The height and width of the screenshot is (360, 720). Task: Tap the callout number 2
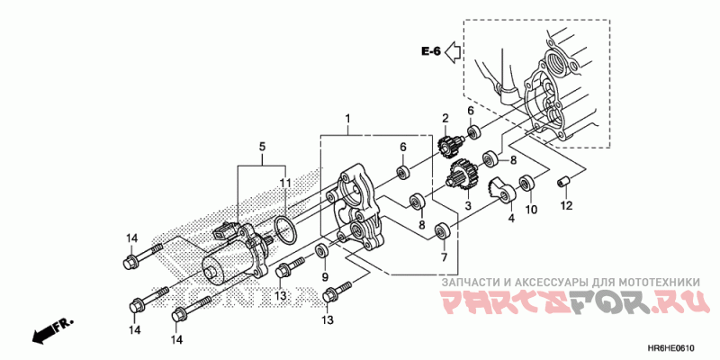tap(445, 118)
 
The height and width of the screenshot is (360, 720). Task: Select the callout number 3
tap(467, 206)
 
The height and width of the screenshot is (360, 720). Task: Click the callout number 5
tap(263, 146)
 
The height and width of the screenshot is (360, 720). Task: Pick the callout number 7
tap(443, 257)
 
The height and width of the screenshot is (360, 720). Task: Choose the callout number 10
tap(531, 210)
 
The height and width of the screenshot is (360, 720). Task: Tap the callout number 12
tap(566, 206)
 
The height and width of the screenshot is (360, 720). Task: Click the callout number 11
tap(284, 184)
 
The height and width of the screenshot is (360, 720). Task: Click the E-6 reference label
tap(430, 51)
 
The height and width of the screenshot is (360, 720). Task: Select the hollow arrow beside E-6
tap(454, 51)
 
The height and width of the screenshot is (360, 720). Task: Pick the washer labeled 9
tap(323, 248)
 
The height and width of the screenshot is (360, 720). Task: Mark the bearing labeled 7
tap(442, 230)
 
